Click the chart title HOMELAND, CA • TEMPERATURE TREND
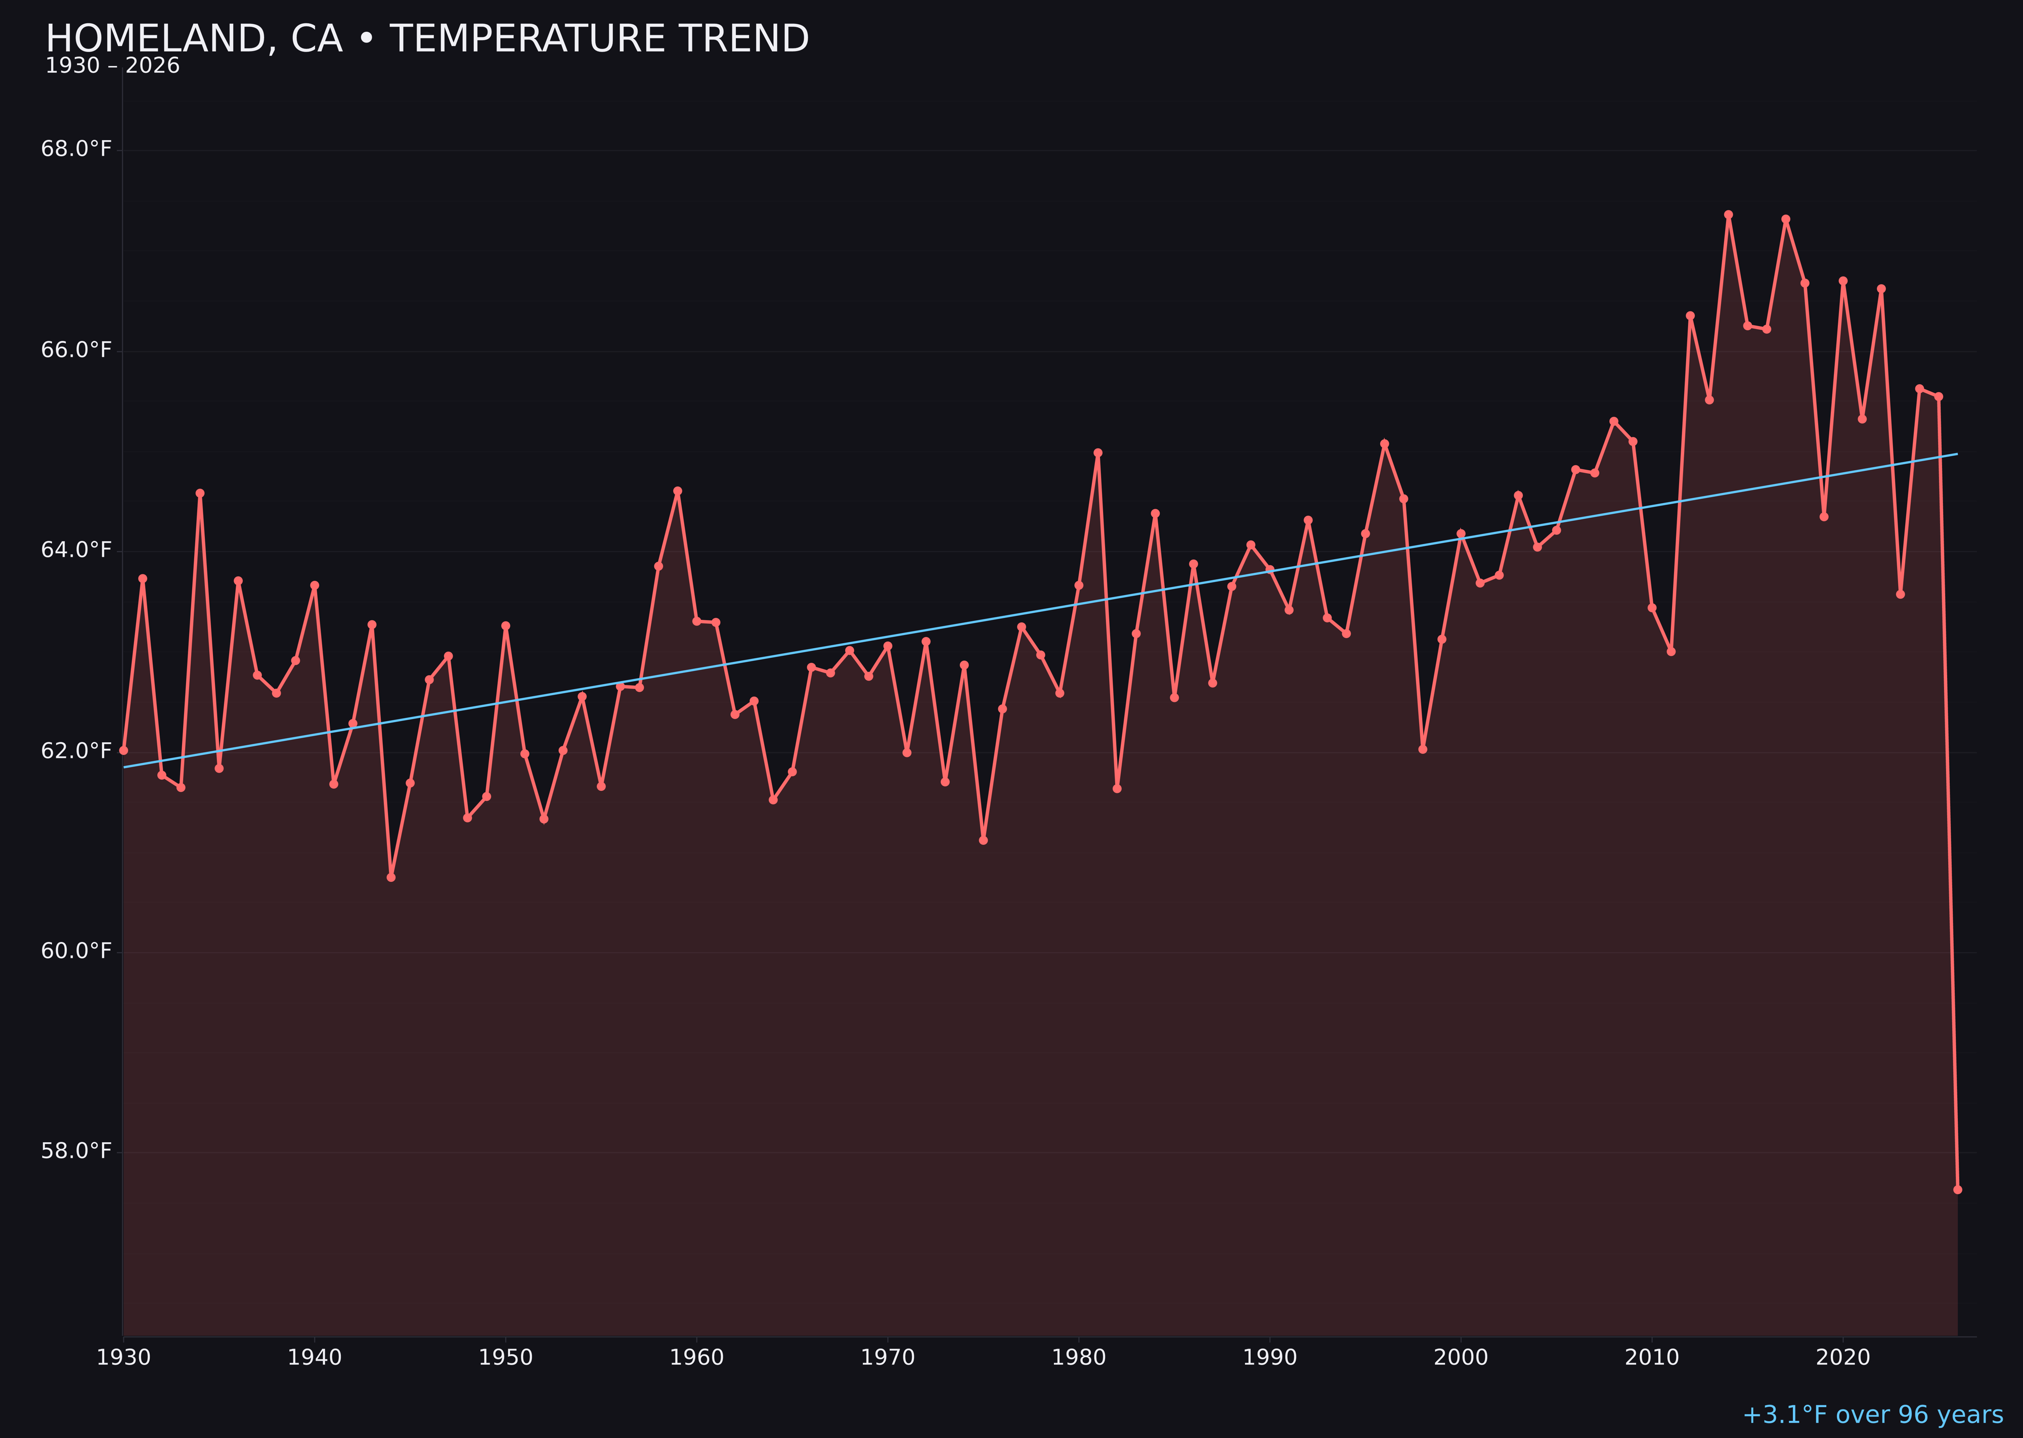[427, 39]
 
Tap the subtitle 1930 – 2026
[112, 66]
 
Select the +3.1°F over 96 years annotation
[1872, 1414]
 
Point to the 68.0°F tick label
[76, 149]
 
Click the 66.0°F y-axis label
[76, 350]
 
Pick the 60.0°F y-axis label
[76, 951]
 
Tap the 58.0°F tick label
[76, 1151]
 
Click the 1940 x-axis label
[315, 1358]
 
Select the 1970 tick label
[888, 1358]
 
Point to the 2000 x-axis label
[1461, 1358]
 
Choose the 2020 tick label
[1843, 1358]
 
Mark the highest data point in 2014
[1728, 214]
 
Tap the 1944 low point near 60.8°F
[390, 877]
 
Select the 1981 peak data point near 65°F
[1097, 453]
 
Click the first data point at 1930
[123, 750]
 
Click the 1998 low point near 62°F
[1423, 749]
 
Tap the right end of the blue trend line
[1957, 454]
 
